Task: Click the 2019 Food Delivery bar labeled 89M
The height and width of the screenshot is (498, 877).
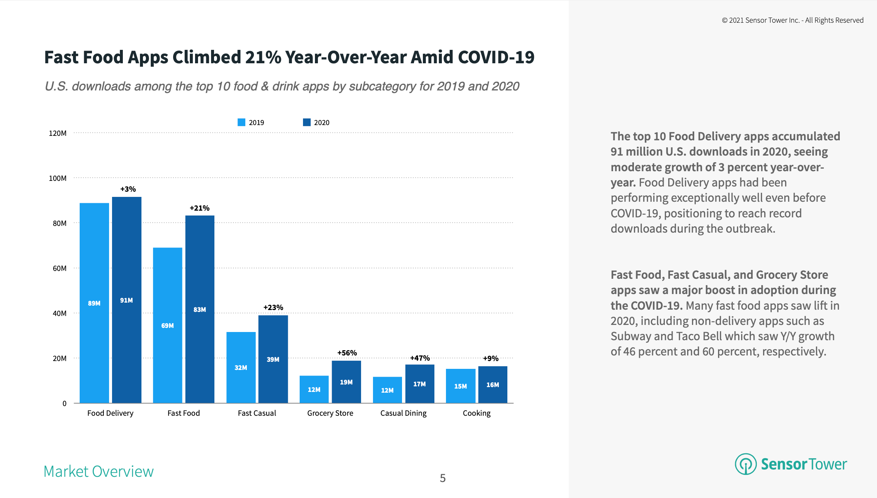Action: coord(94,303)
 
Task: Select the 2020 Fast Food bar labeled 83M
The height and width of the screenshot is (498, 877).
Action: coord(200,309)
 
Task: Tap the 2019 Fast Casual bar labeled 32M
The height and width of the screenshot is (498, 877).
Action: coord(241,367)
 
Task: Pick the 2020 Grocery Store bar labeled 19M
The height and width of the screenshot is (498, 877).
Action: coord(346,382)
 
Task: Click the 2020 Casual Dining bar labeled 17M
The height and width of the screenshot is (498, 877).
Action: coord(420,383)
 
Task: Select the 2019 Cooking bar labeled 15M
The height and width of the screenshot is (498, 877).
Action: coord(460,386)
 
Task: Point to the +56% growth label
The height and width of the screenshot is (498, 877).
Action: coord(347,353)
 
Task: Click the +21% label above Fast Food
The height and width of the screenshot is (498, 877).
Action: coord(200,208)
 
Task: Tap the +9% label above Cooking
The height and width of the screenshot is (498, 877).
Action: coord(491,358)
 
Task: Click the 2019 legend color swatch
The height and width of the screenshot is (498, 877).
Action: coord(241,122)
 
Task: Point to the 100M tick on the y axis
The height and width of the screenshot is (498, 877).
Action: coord(58,178)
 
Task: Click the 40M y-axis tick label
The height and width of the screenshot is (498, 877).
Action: coord(60,313)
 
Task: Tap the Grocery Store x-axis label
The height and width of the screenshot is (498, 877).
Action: coord(330,413)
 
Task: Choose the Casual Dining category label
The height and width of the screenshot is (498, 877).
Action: coord(403,413)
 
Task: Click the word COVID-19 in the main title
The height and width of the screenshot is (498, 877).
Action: coord(496,57)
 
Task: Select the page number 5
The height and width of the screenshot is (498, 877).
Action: coord(443,478)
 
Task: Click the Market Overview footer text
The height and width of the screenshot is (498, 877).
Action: coord(99,471)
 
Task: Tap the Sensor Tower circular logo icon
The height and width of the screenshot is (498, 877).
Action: coord(746,464)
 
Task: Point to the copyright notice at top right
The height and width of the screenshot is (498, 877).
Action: coord(793,20)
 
